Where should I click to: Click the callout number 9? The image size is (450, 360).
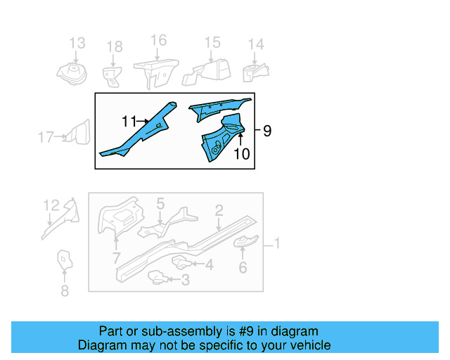[x=266, y=131]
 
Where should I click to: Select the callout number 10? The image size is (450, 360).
[x=241, y=153]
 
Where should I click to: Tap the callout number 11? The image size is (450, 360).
[x=129, y=122]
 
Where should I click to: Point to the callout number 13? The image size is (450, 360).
[x=77, y=44]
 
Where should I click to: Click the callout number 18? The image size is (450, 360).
[x=114, y=47]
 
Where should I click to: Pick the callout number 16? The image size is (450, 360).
[x=159, y=40]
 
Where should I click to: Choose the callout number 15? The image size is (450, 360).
[x=212, y=43]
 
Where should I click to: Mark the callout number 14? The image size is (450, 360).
[x=255, y=44]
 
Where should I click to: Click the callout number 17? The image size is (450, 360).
[x=46, y=137]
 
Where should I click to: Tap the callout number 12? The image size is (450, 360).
[x=51, y=205]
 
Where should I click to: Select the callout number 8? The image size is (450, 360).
[x=65, y=290]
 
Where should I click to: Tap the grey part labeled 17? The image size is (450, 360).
[x=79, y=134]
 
